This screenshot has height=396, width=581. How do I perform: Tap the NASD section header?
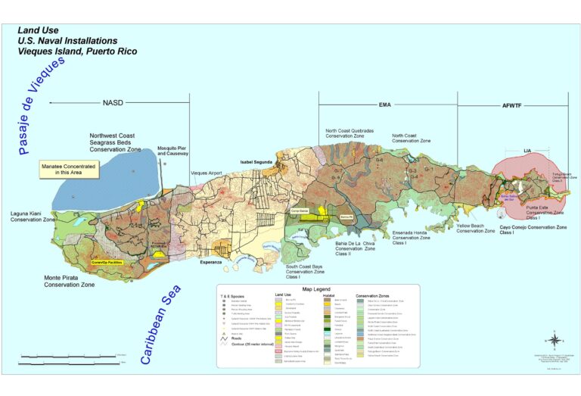[x=112, y=103]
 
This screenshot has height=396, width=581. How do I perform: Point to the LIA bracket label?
[x=527, y=151]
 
